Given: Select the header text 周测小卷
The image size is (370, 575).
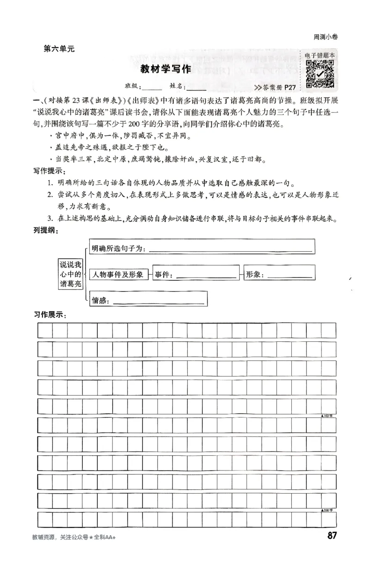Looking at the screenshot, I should tap(326, 37).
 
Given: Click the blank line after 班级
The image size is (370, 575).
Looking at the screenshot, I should tap(152, 87).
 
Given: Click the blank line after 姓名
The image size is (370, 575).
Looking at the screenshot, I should tap(197, 87).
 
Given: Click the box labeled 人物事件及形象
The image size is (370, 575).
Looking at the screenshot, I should tap(118, 275).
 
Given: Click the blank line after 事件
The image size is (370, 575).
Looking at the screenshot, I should tap(206, 276).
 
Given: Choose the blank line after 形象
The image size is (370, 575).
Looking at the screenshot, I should tap(290, 276).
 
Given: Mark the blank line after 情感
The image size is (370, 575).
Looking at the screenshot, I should tap(158, 302).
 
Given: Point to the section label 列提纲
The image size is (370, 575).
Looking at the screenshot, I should tap(45, 230).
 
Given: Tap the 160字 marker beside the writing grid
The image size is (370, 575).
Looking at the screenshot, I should tap(330, 416).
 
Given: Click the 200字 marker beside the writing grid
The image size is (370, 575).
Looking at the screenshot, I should tap(330, 510).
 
